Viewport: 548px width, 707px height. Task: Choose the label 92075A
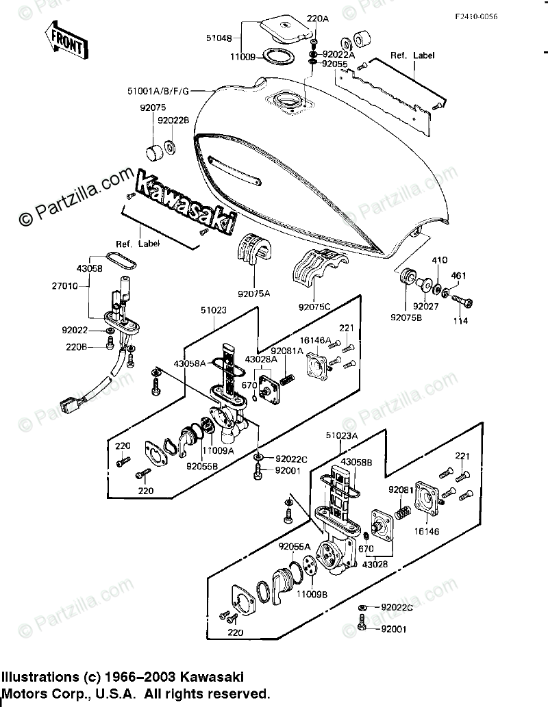tap(253, 294)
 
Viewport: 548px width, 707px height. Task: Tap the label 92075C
tap(315, 307)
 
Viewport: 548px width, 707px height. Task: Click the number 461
tap(458, 276)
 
